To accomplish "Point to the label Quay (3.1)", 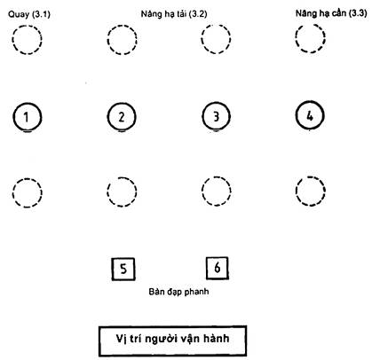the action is point(29,14).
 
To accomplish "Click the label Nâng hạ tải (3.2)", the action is point(174,14).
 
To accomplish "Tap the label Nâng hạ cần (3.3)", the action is point(331,13).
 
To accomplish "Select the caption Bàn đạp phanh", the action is point(178,292).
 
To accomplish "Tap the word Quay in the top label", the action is point(19,14).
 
